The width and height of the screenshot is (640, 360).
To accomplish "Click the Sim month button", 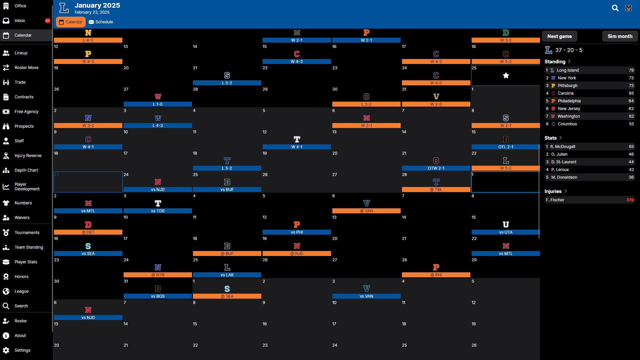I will (620, 36).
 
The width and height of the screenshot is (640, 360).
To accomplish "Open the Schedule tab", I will (101, 22).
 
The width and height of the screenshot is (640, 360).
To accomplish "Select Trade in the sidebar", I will (20, 82).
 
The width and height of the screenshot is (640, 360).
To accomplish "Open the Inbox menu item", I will (20, 21).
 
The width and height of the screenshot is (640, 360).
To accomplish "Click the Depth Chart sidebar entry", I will (26, 170).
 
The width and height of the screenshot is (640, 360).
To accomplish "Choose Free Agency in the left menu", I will (26, 112).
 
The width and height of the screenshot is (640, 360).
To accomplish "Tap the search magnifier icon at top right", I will (615, 8).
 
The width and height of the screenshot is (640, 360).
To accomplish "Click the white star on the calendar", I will (506, 76).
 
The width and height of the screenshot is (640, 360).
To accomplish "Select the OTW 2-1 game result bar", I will (436, 168).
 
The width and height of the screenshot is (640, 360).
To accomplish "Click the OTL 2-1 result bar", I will (505, 147).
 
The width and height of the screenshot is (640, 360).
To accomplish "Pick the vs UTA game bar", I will (505, 232).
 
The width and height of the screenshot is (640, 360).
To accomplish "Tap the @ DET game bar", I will (88, 232).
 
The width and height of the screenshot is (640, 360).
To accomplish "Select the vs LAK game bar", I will (227, 275).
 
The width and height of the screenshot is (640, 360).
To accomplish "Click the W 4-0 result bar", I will (436, 83).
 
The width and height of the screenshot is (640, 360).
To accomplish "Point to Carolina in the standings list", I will (566, 93).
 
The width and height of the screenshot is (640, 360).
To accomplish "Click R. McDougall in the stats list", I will (563, 147).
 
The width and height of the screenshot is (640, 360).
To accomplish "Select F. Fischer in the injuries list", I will (555, 200).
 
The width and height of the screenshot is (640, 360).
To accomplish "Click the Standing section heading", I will (555, 62).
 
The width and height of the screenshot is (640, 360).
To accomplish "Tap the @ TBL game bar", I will (436, 190).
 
